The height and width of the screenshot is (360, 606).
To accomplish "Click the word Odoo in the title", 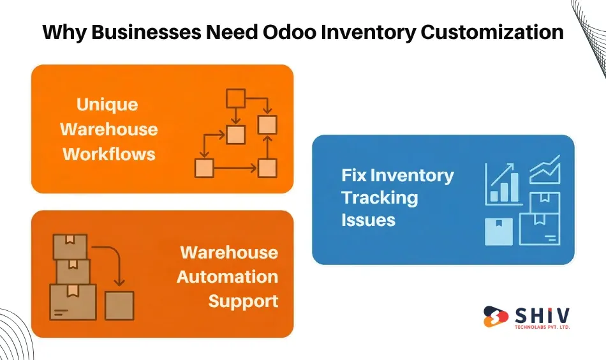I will (x=287, y=32).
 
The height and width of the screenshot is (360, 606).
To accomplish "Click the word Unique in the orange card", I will (x=107, y=104).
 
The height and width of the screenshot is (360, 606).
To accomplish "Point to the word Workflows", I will (x=109, y=154).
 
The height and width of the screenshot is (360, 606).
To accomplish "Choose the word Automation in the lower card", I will (x=227, y=276).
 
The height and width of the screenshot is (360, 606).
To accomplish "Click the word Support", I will (x=243, y=301).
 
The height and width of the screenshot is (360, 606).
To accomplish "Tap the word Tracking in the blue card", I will (x=380, y=197).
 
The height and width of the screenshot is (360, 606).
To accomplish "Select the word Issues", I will (x=368, y=220).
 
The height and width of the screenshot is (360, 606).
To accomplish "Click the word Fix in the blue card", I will (x=354, y=175).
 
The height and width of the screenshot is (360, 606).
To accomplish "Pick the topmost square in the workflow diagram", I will (x=236, y=98).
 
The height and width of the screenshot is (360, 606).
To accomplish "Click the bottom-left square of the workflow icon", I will (x=203, y=168).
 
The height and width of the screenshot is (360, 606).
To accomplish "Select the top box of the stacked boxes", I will (x=70, y=246).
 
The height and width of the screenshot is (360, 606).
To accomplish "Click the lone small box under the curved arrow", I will (x=119, y=305).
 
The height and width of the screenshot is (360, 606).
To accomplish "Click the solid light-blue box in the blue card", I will (x=499, y=231).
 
